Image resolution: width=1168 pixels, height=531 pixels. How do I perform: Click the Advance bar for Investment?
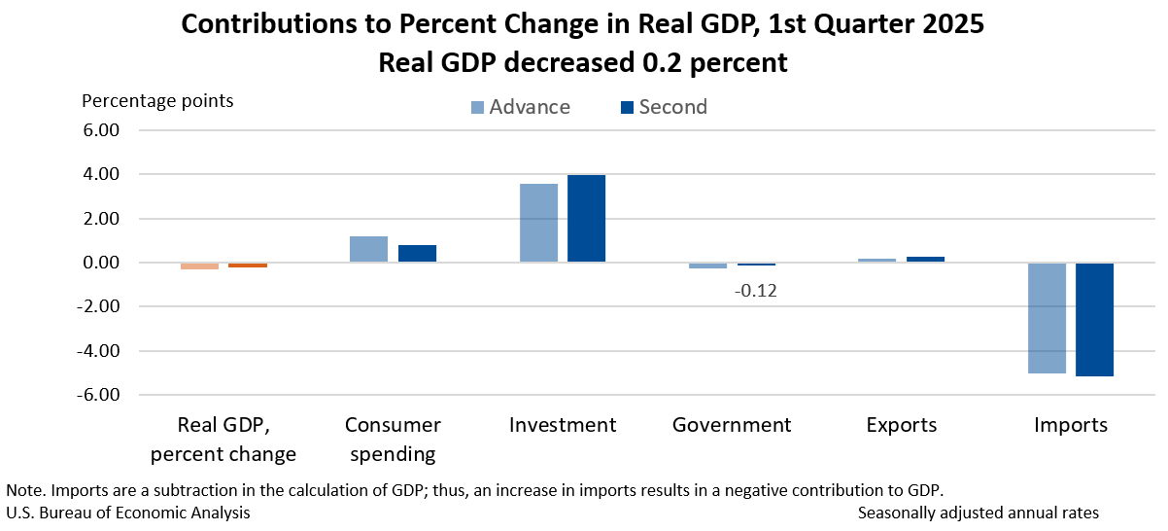pyautogui.click(x=538, y=223)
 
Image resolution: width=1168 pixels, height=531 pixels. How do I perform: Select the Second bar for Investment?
pyautogui.click(x=587, y=219)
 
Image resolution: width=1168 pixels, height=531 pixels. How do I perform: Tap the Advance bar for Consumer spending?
pyautogui.click(x=368, y=249)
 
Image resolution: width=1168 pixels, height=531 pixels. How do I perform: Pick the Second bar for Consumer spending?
pyautogui.click(x=417, y=254)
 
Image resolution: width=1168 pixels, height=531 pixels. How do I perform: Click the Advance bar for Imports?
pyautogui.click(x=1047, y=318)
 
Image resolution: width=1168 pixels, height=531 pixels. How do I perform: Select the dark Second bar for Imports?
pyautogui.click(x=1094, y=319)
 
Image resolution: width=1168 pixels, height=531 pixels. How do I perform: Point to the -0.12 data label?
pyautogui.click(x=758, y=290)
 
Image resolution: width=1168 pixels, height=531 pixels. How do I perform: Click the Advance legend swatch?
pyautogui.click(x=477, y=107)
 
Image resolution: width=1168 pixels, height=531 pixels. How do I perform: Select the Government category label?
pyautogui.click(x=732, y=425)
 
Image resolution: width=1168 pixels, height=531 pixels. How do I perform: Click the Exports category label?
pyautogui.click(x=902, y=425)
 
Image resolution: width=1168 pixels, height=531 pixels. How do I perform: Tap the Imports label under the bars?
pyautogui.click(x=1070, y=425)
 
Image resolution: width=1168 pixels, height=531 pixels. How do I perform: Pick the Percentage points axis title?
pyautogui.click(x=157, y=100)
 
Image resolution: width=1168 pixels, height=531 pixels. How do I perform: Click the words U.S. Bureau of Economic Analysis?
pyautogui.click(x=127, y=513)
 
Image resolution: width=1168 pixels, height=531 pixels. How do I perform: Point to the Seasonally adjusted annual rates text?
pyautogui.click(x=979, y=513)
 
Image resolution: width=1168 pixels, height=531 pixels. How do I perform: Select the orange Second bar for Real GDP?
pyautogui.click(x=248, y=265)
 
